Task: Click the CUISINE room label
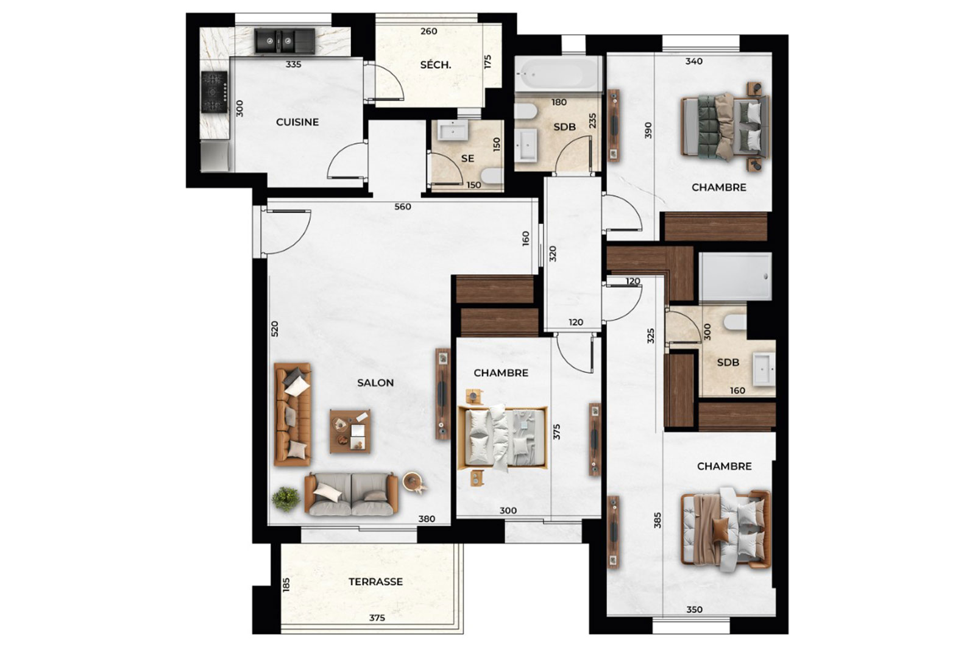[297, 122]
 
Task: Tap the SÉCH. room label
[435, 65]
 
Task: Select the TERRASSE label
[375, 582]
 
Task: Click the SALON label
[375, 383]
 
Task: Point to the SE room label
[467, 159]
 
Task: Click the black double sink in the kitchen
[285, 41]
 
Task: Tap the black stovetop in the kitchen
[214, 92]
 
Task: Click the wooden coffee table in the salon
[350, 431]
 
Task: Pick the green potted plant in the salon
[286, 498]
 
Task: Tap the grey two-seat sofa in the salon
[351, 494]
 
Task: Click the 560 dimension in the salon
[403, 207]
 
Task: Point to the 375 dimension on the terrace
[377, 618]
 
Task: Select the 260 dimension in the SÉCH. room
[429, 31]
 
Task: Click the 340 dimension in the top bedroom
[694, 62]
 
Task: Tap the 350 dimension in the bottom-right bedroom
[694, 610]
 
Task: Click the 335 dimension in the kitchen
[293, 65]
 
